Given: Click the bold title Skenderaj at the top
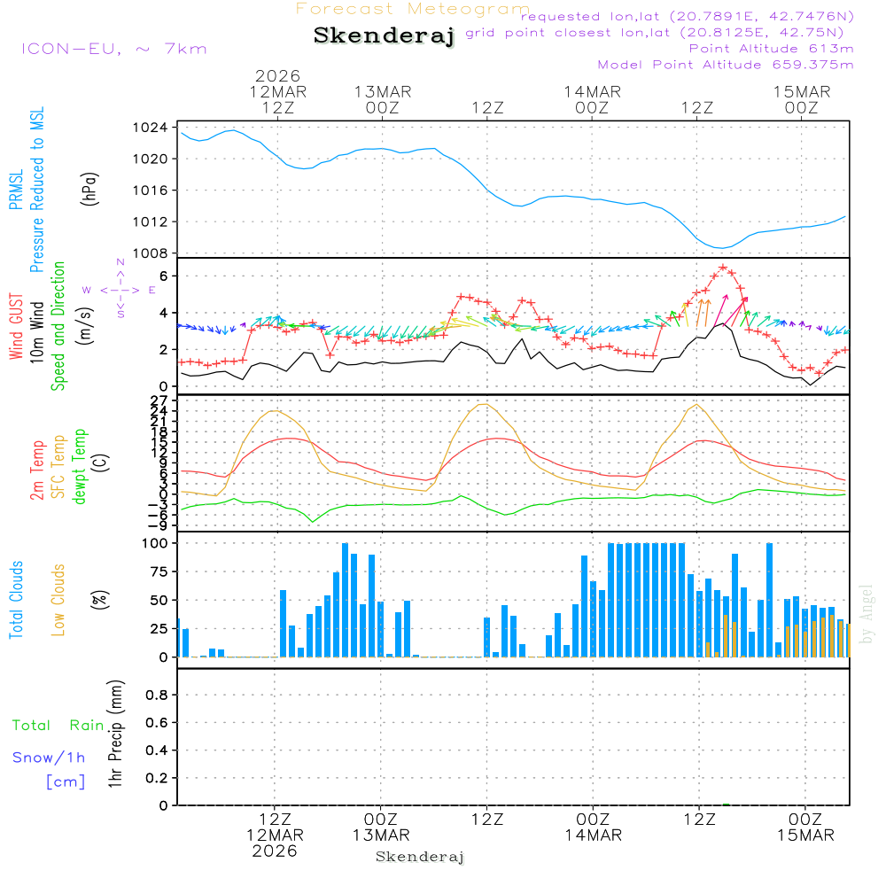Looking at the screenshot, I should click(384, 36).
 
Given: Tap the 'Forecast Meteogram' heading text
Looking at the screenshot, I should click(413, 9).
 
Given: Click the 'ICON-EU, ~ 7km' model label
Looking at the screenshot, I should click(113, 49).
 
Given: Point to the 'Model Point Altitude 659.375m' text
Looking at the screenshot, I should click(726, 65).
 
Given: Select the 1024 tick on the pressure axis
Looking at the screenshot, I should click(154, 128).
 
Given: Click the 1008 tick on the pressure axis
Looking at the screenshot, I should click(154, 253).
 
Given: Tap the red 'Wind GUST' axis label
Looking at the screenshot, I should click(16, 329).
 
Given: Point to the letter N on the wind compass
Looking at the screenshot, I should click(120, 263).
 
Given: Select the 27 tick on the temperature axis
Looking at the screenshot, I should click(161, 400).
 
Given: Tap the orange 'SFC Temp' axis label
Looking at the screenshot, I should click(58, 467).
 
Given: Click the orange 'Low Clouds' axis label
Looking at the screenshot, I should click(58, 599).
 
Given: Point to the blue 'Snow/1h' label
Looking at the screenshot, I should click(49, 758).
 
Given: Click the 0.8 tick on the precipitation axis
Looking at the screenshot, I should click(157, 696).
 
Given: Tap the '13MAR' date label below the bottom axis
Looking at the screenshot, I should click(380, 835).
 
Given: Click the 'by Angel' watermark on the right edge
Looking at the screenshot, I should click(867, 614).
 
